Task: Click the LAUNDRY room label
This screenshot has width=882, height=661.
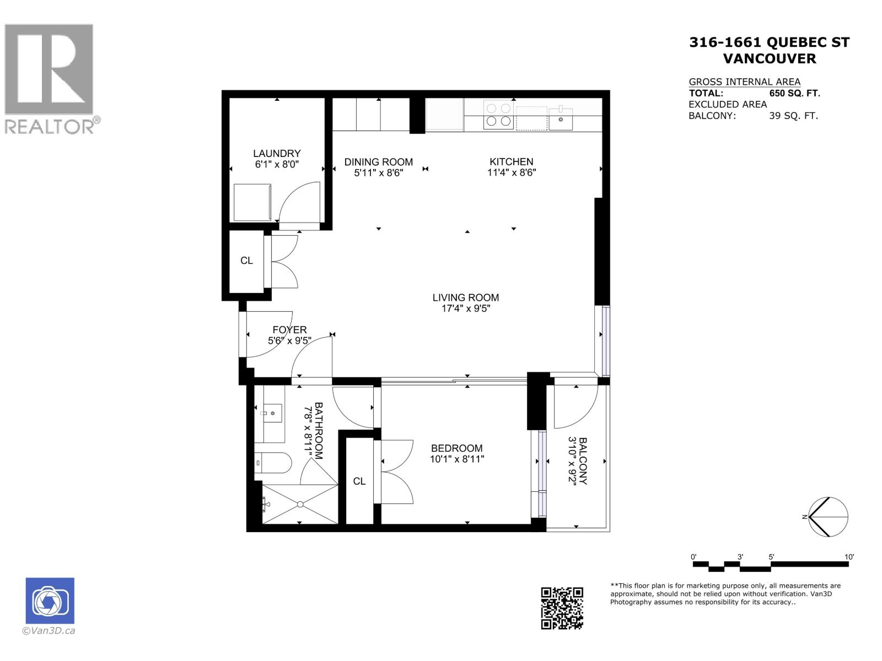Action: tap(277, 153)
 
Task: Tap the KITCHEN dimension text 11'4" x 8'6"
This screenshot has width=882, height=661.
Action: tap(512, 172)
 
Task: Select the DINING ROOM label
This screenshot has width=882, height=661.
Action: tap(378, 161)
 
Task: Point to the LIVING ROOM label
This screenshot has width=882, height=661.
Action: tap(465, 297)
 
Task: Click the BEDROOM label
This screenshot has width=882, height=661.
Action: tap(456, 448)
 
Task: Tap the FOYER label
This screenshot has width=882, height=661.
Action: tap(289, 329)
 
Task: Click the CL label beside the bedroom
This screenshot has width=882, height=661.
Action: tap(359, 481)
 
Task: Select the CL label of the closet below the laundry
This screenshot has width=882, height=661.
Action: tap(246, 261)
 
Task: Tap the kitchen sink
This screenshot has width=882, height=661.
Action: tap(561, 118)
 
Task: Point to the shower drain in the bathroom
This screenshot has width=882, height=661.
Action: tap(300, 503)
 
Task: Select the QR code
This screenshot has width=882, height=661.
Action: tap(562, 608)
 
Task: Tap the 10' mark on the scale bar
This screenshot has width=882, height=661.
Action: tap(849, 557)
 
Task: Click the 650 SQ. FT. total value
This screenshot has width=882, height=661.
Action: tap(794, 93)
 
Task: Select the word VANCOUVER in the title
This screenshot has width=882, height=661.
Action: tap(769, 58)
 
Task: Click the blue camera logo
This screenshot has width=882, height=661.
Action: tap(50, 600)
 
